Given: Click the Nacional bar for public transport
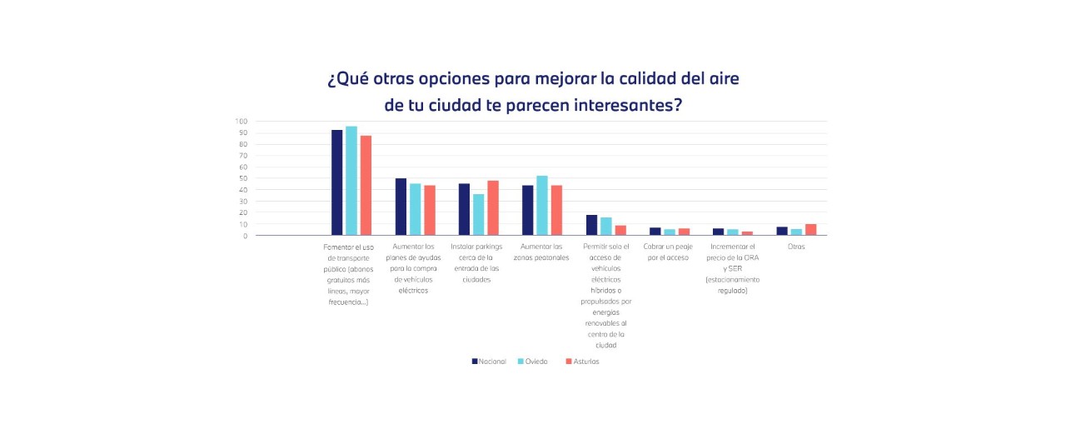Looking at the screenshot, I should point(337,182).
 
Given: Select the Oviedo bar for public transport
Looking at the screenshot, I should point(351,181).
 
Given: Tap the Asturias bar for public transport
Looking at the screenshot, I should point(366,186).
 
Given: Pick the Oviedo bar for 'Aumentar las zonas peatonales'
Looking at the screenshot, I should point(542,206).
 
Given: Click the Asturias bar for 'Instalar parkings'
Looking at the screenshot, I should point(493,208).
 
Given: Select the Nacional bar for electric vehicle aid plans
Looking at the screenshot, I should point(401,207).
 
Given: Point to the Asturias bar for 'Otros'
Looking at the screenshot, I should point(811,230).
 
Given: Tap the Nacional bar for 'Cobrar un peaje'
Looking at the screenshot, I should point(655,232).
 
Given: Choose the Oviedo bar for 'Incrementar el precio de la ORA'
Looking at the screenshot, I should point(733,232).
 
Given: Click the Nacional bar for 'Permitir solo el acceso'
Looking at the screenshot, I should point(591,225).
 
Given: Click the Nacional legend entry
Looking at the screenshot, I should point(489,362).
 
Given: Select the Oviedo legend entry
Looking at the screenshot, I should point(533,362).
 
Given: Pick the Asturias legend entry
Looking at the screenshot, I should point(582,362).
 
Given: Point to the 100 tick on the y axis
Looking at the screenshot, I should point(242,122).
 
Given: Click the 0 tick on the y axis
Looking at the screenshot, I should point(246,236).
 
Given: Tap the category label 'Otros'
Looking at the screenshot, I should point(796,247).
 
